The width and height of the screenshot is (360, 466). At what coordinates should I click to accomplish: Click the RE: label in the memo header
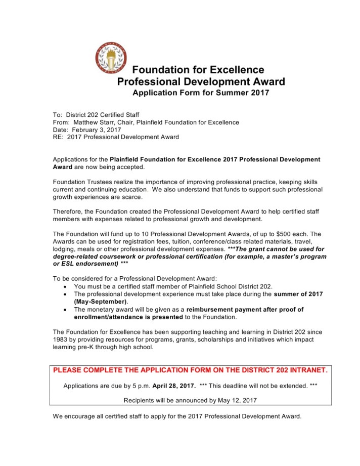[x=58, y=137]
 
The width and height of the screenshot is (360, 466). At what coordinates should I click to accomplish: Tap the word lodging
[x=64, y=249]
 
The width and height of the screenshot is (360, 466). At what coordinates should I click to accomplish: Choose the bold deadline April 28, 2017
[x=174, y=386]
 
